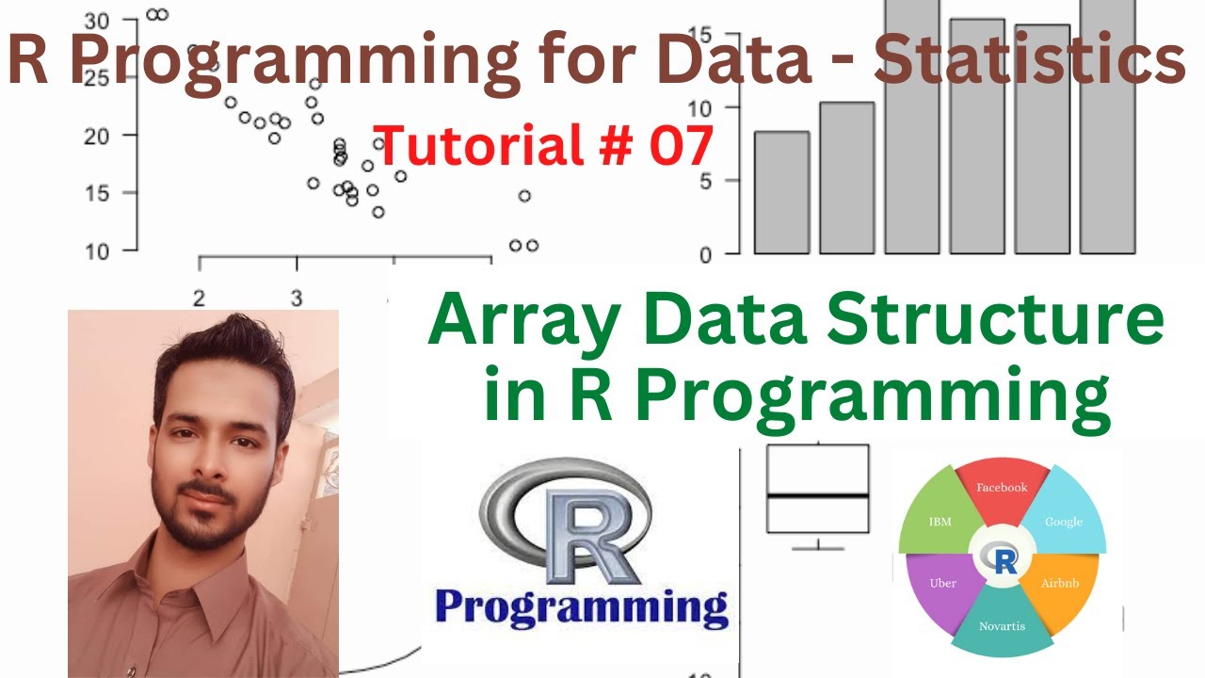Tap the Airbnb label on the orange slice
1060,583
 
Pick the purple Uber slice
942,583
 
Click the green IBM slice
940,521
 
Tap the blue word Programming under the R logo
582,607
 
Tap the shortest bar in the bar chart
781,193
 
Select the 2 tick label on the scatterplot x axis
200,299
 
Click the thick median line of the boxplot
817,495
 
